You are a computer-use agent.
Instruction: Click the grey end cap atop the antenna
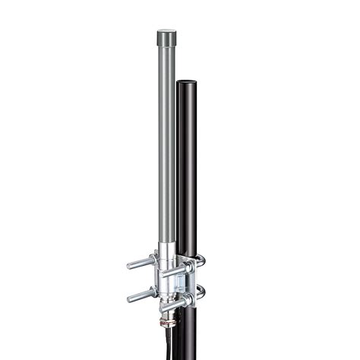point(167,36)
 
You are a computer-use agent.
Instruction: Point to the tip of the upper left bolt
point(129,265)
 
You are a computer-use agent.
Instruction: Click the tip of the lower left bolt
point(129,298)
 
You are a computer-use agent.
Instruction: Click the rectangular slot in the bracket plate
point(176,283)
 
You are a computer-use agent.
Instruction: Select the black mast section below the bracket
point(190,334)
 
